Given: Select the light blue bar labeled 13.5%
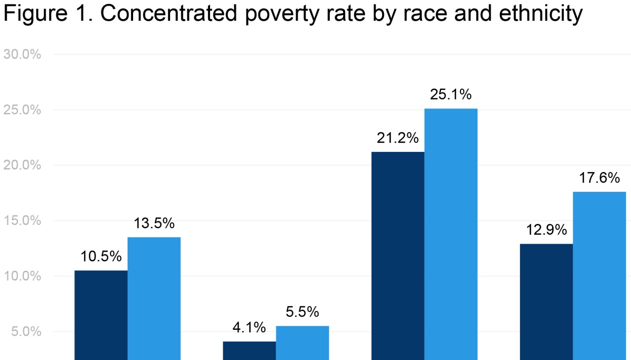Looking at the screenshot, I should [x=154, y=298].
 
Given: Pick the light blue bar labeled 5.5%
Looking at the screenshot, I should [x=302, y=342].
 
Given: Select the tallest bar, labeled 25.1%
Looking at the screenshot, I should [x=451, y=234].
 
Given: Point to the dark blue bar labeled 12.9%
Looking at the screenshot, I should [x=546, y=301].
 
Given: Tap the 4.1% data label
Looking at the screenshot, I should [x=249, y=327].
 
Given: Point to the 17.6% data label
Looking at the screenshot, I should [x=599, y=178].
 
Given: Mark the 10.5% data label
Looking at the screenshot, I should [x=101, y=256].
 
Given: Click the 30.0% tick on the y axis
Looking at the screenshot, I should [x=22, y=54].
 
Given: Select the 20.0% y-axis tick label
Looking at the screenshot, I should [x=22, y=165].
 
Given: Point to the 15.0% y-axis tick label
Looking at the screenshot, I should [x=22, y=220].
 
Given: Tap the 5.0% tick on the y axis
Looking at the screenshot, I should [x=26, y=331].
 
